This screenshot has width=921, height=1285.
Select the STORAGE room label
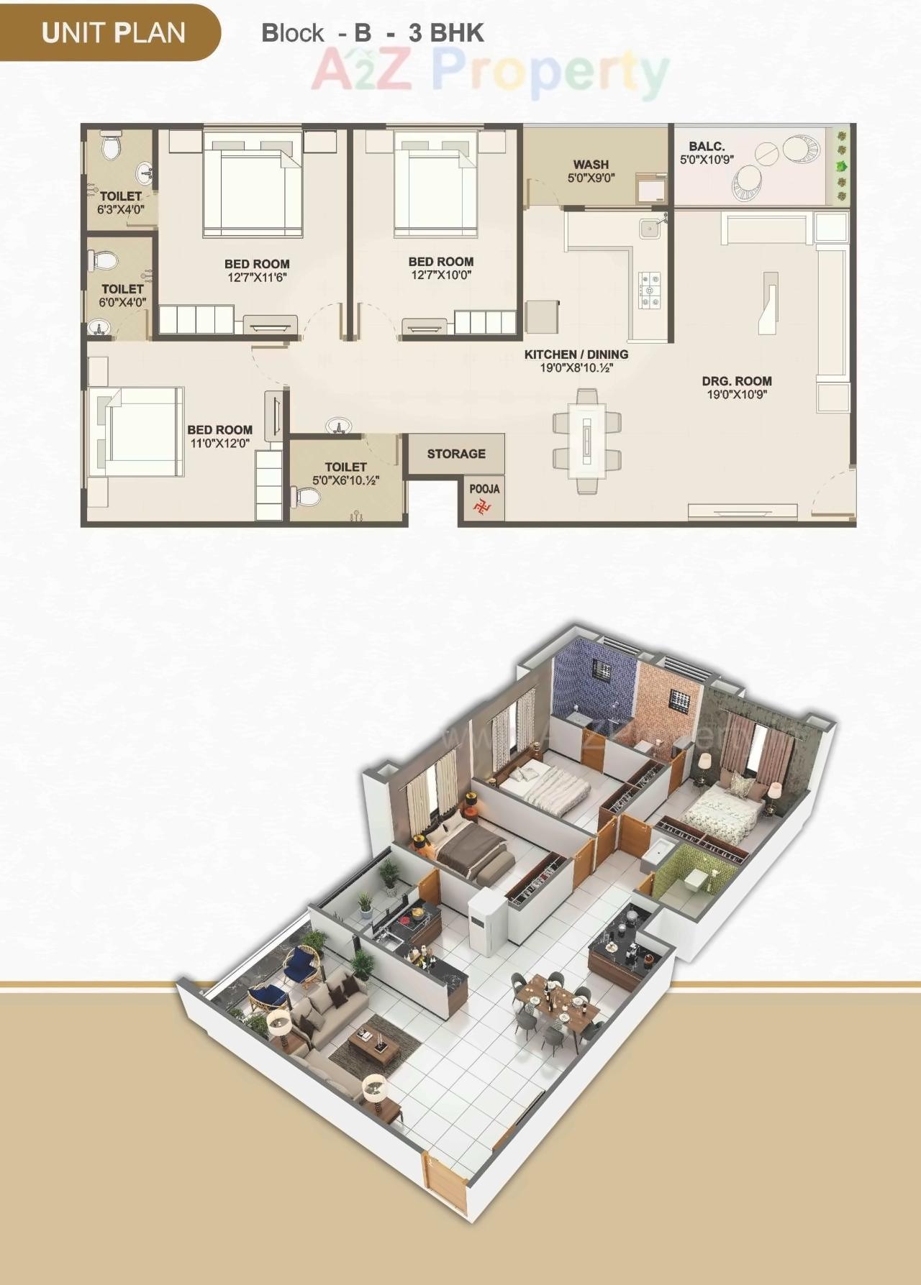pyautogui.click(x=456, y=454)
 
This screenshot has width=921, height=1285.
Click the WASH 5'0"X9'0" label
pyautogui.click(x=591, y=171)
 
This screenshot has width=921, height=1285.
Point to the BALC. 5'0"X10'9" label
pyautogui.click(x=707, y=152)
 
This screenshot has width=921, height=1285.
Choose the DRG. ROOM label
pyautogui.click(x=737, y=388)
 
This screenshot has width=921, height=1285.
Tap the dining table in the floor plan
pyautogui.click(x=586, y=440)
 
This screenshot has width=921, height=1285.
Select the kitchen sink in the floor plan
pyautogui.click(x=650, y=227)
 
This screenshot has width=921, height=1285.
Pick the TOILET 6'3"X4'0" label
pyautogui.click(x=121, y=203)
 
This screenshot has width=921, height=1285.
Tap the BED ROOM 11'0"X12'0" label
pyautogui.click(x=219, y=436)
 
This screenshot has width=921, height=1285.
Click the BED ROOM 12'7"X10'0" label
pyautogui.click(x=441, y=268)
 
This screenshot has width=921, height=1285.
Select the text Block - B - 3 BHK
pyautogui.click(x=373, y=33)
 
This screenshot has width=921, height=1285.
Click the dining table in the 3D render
pyautogui.click(x=557, y=1000)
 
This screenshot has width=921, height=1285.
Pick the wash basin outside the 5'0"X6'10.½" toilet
pyautogui.click(x=340, y=426)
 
